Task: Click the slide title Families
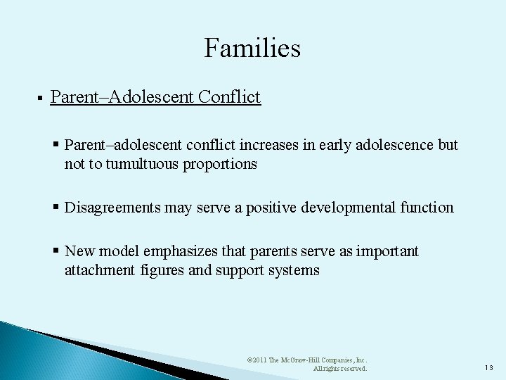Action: (252, 48)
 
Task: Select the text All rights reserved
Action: (339, 368)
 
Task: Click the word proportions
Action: (222, 164)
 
